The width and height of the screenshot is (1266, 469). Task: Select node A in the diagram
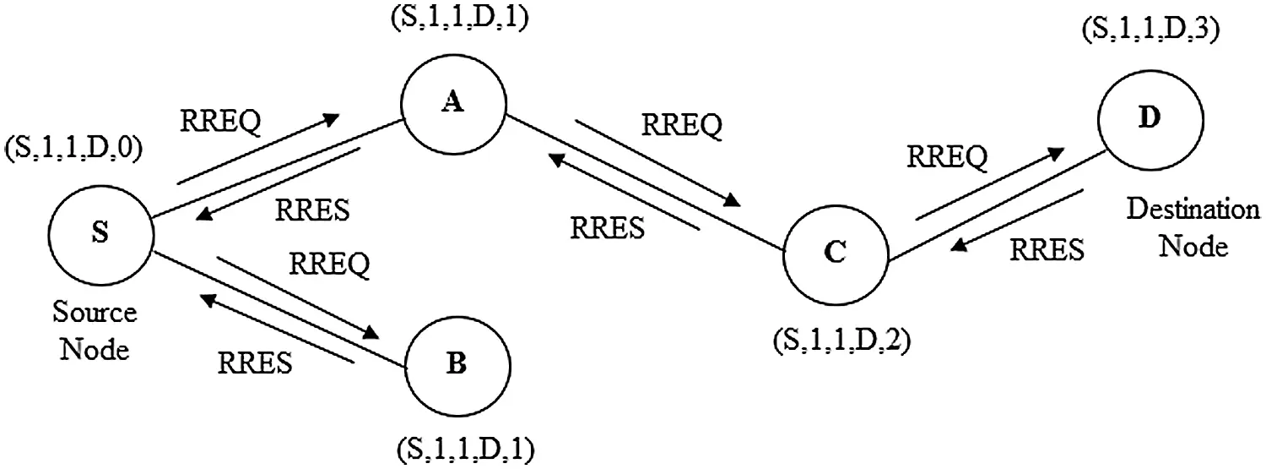(x=453, y=103)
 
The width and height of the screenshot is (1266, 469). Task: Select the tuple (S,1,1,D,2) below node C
(x=841, y=345)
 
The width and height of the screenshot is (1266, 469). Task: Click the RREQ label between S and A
(x=221, y=121)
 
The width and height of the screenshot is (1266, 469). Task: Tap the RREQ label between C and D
(x=946, y=157)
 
